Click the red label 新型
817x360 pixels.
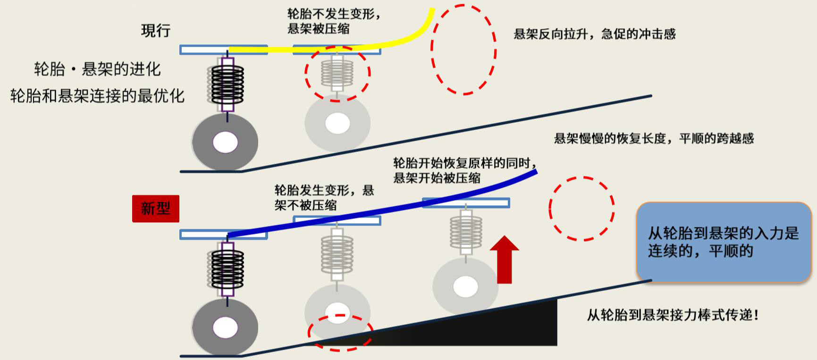click(x=156, y=208)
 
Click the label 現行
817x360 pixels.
click(x=156, y=31)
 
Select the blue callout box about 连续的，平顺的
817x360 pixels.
click(x=724, y=242)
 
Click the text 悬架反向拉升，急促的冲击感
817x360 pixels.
click(x=594, y=34)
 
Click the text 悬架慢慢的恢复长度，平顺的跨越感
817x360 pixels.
click(x=654, y=138)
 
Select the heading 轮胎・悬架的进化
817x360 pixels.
click(x=97, y=69)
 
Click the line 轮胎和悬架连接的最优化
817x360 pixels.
click(x=97, y=96)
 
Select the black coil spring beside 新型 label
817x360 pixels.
click(x=227, y=269)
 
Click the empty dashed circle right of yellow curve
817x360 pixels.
click(x=463, y=50)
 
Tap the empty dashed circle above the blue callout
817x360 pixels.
click(x=581, y=209)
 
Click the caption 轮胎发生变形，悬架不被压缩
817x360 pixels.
click(x=324, y=197)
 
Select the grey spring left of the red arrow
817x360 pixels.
click(x=466, y=231)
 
